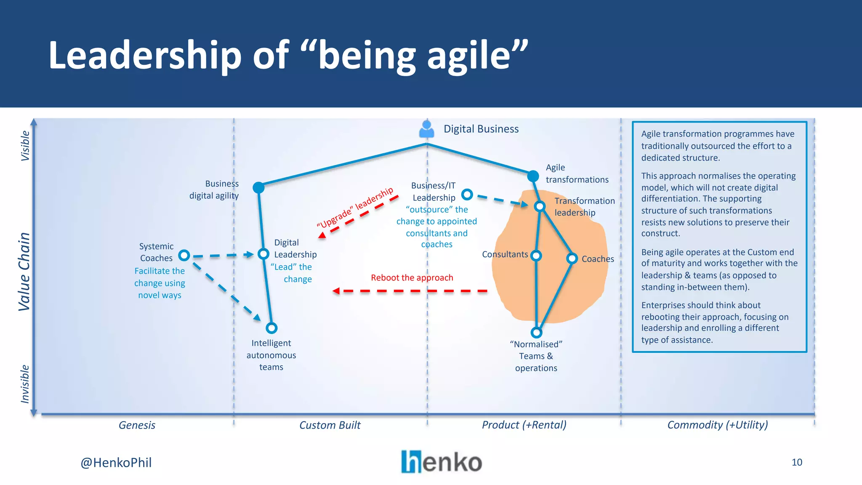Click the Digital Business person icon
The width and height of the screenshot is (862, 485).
tap(427, 129)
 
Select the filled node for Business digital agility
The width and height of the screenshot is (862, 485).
tap(258, 187)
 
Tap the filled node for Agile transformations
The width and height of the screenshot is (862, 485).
tap(533, 176)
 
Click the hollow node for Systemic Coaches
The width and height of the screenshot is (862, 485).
tap(184, 255)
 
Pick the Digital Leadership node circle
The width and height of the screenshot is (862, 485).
tap(263, 254)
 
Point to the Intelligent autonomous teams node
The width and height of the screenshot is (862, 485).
tap(271, 328)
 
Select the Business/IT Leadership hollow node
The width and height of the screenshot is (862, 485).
tap(467, 195)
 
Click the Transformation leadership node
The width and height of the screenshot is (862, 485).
tap(540, 206)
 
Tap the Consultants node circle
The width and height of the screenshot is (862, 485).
tap(536, 256)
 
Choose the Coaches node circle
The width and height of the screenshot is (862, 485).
tap(572, 258)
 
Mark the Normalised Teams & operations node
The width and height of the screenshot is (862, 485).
tap(536, 333)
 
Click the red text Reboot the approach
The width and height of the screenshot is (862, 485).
tap(412, 278)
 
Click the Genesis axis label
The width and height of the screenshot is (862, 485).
tap(137, 425)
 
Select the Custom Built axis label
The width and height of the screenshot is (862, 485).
tap(330, 425)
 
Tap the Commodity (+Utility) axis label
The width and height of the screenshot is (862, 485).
tap(717, 425)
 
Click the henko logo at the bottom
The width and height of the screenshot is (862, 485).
tap(441, 462)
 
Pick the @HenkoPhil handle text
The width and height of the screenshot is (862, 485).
tap(116, 463)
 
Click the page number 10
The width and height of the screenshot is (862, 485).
tap(797, 462)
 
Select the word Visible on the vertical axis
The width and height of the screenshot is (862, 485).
tap(25, 146)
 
